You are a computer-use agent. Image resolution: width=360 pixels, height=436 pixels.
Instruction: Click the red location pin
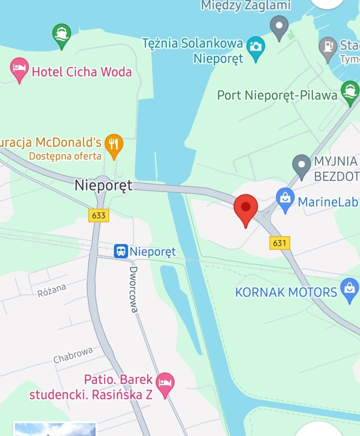coord(245,208)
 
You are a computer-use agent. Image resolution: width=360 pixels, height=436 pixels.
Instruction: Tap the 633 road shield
coord(99,215)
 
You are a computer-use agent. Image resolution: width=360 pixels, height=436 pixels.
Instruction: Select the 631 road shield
coord(280,243)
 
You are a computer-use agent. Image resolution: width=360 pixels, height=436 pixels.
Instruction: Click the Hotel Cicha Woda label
coord(81,72)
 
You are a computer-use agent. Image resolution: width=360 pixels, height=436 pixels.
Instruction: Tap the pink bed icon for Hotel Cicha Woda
coord(19,69)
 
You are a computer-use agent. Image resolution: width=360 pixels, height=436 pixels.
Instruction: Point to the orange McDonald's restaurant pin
coord(114,144)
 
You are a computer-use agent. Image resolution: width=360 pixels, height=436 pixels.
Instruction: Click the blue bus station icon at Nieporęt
coord(120,251)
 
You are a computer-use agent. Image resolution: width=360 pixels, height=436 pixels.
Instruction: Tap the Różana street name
coord(52,290)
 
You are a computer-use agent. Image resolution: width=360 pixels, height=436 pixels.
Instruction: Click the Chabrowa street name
coord(73,355)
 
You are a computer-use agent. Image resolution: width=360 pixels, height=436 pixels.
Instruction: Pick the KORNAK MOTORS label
coord(286,292)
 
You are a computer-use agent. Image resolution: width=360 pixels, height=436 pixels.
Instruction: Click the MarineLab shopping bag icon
coord(285,199)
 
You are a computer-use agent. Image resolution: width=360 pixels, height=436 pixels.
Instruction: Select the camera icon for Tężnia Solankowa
coord(256,47)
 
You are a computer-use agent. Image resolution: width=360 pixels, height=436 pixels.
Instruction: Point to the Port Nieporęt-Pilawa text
coord(277,95)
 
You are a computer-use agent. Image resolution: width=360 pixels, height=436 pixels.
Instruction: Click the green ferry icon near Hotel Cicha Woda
coord(62,34)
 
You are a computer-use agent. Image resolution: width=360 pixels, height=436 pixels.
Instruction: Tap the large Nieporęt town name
coord(103,185)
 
